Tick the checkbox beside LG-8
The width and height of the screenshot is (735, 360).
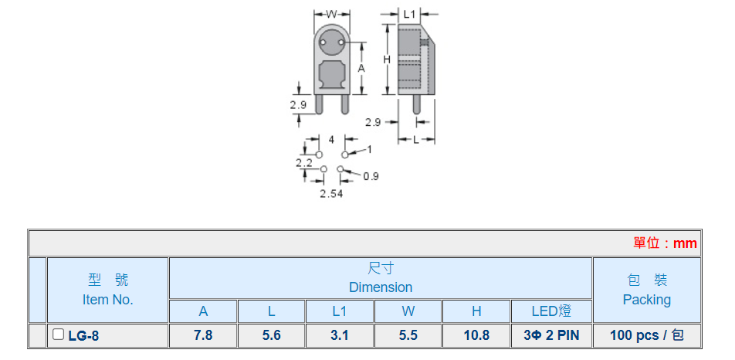tap(58, 335)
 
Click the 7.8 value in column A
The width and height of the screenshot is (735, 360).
tap(203, 335)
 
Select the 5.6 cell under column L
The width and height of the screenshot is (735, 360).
tap(272, 335)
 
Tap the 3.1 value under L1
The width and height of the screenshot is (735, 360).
tap(340, 335)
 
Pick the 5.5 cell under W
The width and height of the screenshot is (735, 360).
tap(408, 335)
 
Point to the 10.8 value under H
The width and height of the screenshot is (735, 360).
tap(476, 335)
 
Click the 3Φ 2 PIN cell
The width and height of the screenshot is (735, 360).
tap(551, 335)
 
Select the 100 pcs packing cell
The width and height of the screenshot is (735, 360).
tap(646, 335)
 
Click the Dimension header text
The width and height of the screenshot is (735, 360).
tap(381, 287)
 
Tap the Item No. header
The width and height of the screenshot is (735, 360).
tap(107, 300)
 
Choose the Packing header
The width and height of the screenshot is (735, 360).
tap(646, 300)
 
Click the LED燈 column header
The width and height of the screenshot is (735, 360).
tap(551, 311)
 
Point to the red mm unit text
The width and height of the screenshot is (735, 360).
tap(685, 243)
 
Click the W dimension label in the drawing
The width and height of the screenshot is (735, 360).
tap(332, 13)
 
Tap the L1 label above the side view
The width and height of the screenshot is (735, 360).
tap(409, 14)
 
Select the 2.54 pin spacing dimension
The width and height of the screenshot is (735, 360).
tap(331, 193)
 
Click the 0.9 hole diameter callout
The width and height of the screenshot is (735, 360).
tap(371, 176)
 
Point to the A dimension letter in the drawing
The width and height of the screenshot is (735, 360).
tap(361, 69)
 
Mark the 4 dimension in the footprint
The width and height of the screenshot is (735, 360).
tap(331, 140)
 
